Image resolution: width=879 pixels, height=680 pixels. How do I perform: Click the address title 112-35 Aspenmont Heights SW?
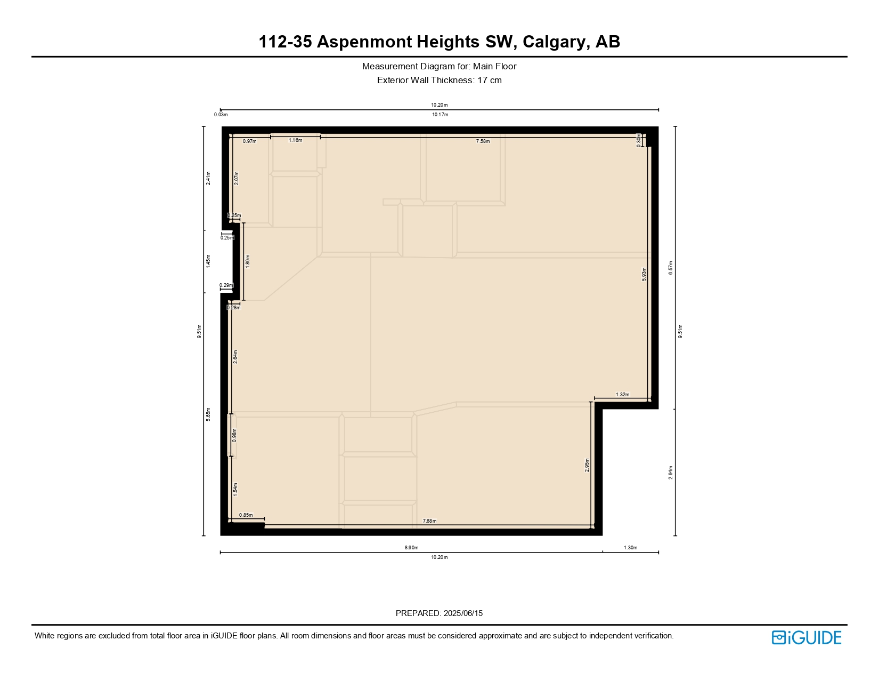point(439,42)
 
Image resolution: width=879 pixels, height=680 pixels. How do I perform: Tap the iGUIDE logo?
point(806,637)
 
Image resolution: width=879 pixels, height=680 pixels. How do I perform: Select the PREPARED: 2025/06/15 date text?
point(439,613)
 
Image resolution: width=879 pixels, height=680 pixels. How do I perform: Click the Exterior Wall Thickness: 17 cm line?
point(439,81)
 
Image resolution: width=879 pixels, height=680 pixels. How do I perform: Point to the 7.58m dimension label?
point(483,141)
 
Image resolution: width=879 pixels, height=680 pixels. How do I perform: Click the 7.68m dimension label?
point(429,521)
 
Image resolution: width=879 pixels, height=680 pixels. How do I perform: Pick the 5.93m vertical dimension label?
point(644,274)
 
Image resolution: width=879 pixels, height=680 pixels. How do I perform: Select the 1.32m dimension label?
point(622,395)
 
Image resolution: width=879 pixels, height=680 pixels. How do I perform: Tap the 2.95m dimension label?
point(587,465)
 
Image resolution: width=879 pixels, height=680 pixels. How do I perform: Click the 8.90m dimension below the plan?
point(411,548)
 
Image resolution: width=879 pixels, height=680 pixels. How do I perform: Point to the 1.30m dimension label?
point(630,548)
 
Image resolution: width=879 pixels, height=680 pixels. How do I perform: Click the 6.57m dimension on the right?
point(671,268)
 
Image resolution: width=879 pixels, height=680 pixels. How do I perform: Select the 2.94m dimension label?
point(671,473)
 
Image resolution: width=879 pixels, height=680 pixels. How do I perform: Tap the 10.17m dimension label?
point(440,115)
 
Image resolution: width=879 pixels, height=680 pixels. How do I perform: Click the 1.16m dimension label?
point(296,140)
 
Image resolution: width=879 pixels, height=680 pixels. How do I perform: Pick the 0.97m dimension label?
point(249,141)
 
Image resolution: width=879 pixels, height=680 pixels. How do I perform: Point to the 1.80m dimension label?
point(248,261)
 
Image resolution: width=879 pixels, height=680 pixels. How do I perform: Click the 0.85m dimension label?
point(246,515)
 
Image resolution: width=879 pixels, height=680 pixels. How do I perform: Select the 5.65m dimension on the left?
point(208,414)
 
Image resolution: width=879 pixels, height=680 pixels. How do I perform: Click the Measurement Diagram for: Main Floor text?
point(439,67)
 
